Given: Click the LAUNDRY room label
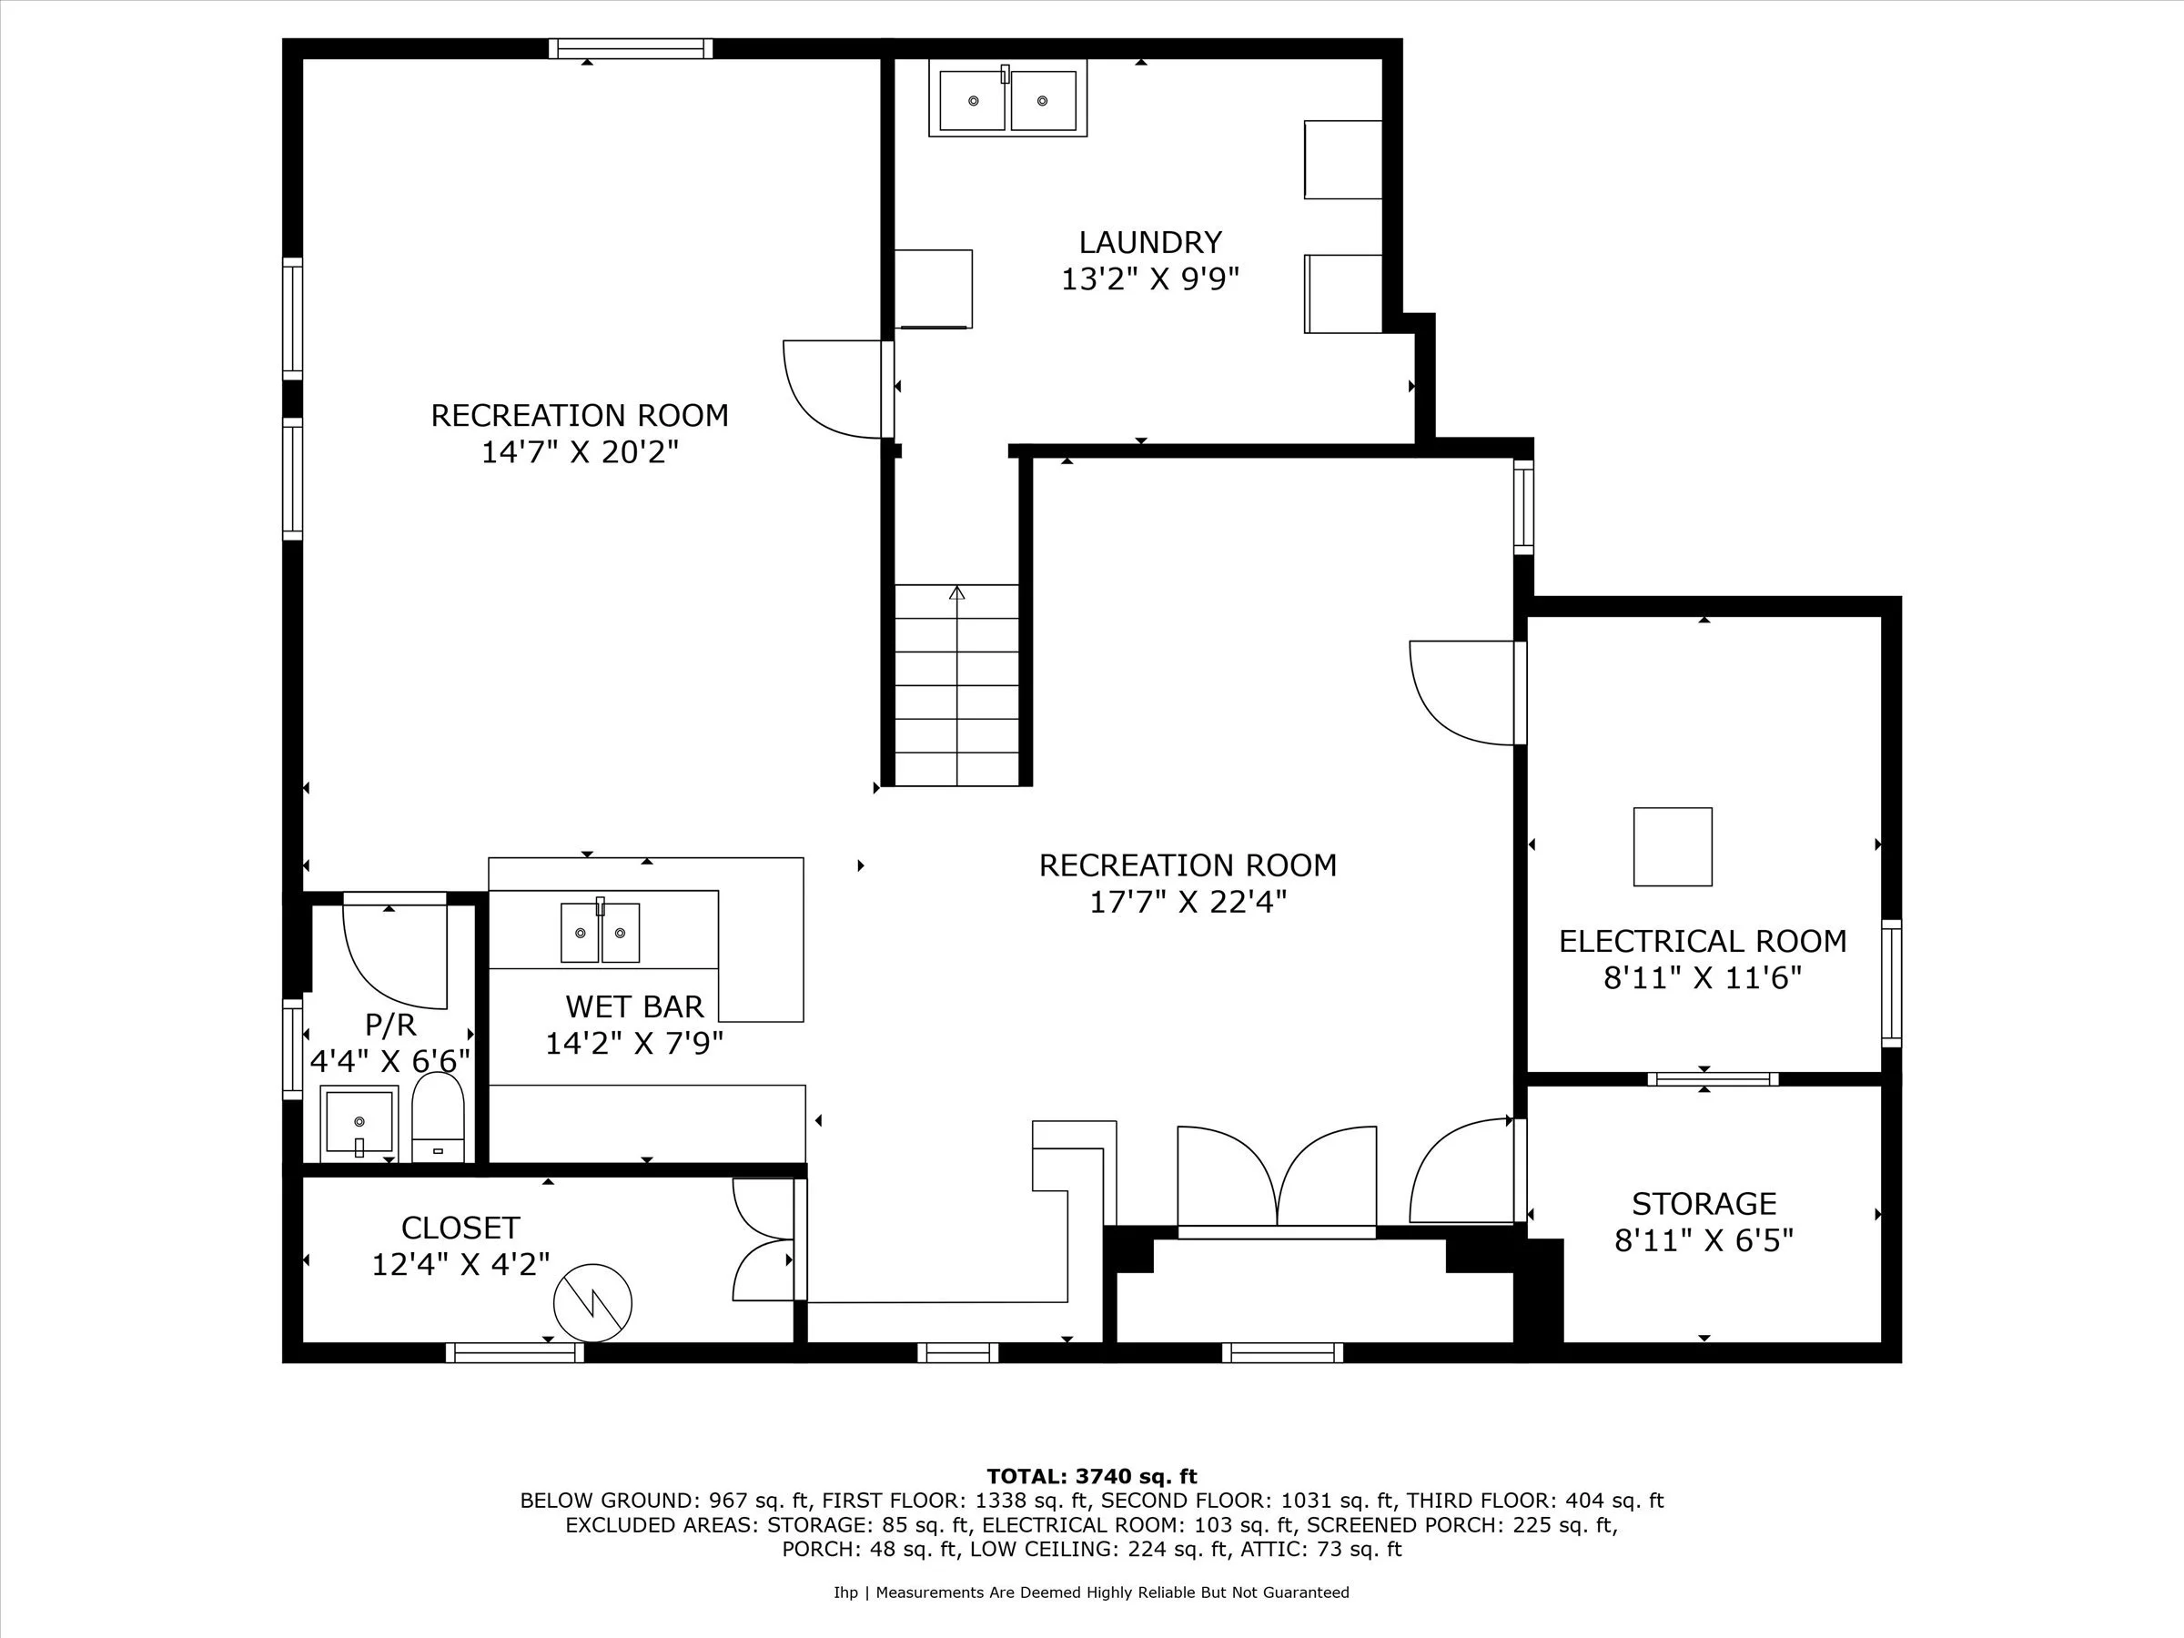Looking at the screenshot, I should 1149,242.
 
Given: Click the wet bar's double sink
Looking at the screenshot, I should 601,932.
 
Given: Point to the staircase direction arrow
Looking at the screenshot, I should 956,593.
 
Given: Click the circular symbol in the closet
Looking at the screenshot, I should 592,1302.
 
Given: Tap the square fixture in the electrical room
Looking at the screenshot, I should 1673,846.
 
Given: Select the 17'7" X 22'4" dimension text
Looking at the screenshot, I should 1188,903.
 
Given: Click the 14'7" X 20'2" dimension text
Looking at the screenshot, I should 580,452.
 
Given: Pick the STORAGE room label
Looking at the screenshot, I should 1704,1204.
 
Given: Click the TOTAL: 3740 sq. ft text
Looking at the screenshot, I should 1091,1476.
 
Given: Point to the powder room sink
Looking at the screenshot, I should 359,1123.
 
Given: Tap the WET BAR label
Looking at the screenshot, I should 634,1006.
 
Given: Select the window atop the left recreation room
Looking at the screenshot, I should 630,48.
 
